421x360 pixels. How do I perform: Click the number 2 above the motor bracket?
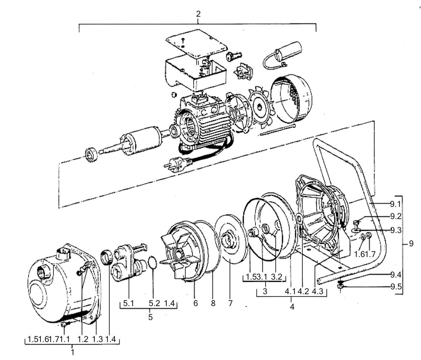pos(198,14)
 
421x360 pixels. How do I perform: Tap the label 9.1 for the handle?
pos(395,204)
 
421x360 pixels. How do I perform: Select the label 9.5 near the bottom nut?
pos(396,287)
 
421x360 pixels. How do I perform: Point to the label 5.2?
pos(155,303)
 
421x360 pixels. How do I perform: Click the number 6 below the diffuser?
pos(195,303)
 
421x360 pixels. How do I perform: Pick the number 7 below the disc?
pos(230,303)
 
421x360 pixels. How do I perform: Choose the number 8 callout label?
pos(213,303)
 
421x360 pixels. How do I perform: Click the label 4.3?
pos(317,291)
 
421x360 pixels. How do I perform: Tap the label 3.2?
pos(276,277)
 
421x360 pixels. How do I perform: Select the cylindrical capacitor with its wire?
pos(282,55)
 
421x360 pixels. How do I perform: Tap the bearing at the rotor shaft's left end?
pos(91,155)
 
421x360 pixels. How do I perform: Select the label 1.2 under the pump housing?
pos(83,339)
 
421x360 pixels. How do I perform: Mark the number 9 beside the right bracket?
pos(411,244)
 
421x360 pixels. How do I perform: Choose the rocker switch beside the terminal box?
pos(243,71)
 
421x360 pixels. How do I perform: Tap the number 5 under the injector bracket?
pos(150,317)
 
